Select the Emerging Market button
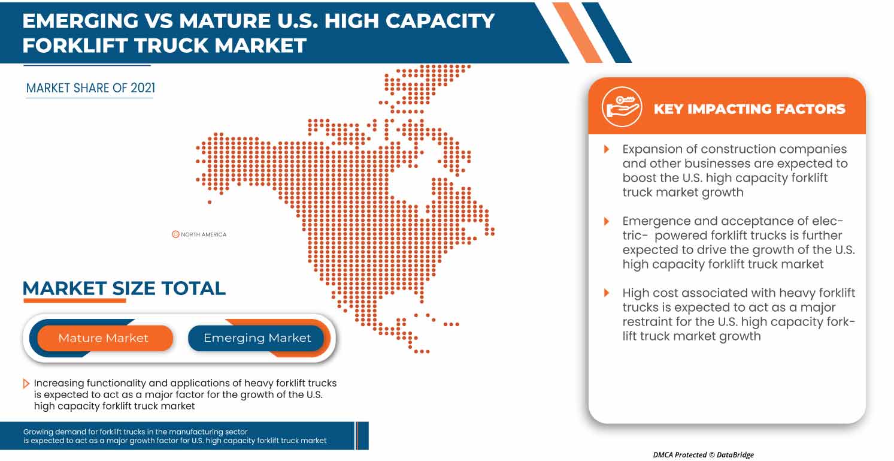point(256,338)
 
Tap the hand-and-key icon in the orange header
point(622,107)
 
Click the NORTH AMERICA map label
point(204,234)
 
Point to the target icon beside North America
point(175,234)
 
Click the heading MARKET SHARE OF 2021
point(90,88)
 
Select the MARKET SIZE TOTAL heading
point(124,288)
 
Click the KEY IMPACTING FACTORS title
point(750,109)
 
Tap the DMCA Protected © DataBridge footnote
point(703,454)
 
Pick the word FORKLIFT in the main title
point(75,45)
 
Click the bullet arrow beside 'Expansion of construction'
point(607,149)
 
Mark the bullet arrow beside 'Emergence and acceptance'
point(607,221)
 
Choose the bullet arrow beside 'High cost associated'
point(607,293)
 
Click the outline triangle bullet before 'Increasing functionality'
point(26,384)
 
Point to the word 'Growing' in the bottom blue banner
point(38,432)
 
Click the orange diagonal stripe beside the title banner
point(577,32)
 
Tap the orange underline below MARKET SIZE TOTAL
point(75,300)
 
